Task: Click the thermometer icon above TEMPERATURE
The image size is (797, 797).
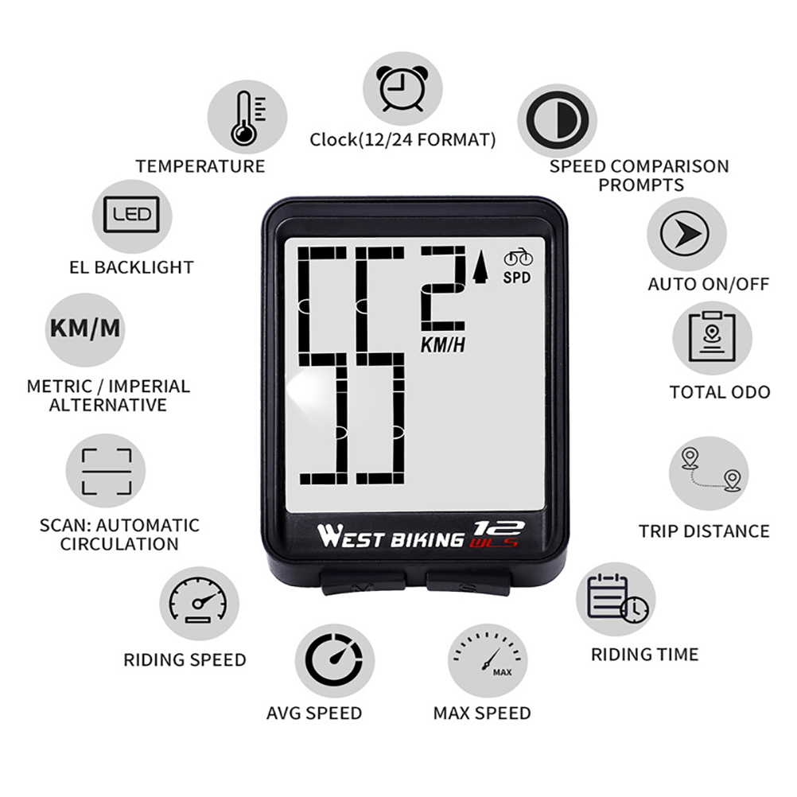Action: click(x=247, y=118)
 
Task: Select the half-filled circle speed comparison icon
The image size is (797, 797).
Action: click(x=556, y=121)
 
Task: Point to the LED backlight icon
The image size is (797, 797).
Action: click(x=131, y=215)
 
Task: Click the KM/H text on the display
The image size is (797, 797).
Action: click(x=443, y=345)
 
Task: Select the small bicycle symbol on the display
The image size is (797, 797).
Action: click(x=519, y=259)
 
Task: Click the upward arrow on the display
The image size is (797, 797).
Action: click(x=479, y=269)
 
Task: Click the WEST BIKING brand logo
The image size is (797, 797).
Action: click(x=391, y=536)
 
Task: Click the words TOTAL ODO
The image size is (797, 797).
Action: click(x=719, y=391)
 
